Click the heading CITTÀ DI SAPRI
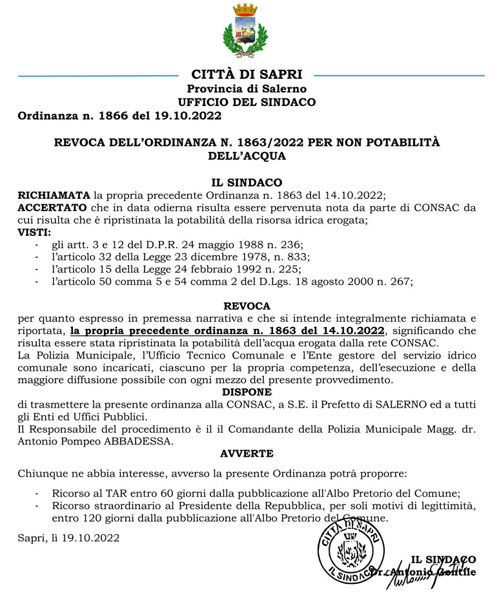coord(247,75)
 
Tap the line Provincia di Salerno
coord(247,88)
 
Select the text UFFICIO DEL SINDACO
coord(247,102)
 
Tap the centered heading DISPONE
coord(247,392)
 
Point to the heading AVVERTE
coord(247,453)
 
